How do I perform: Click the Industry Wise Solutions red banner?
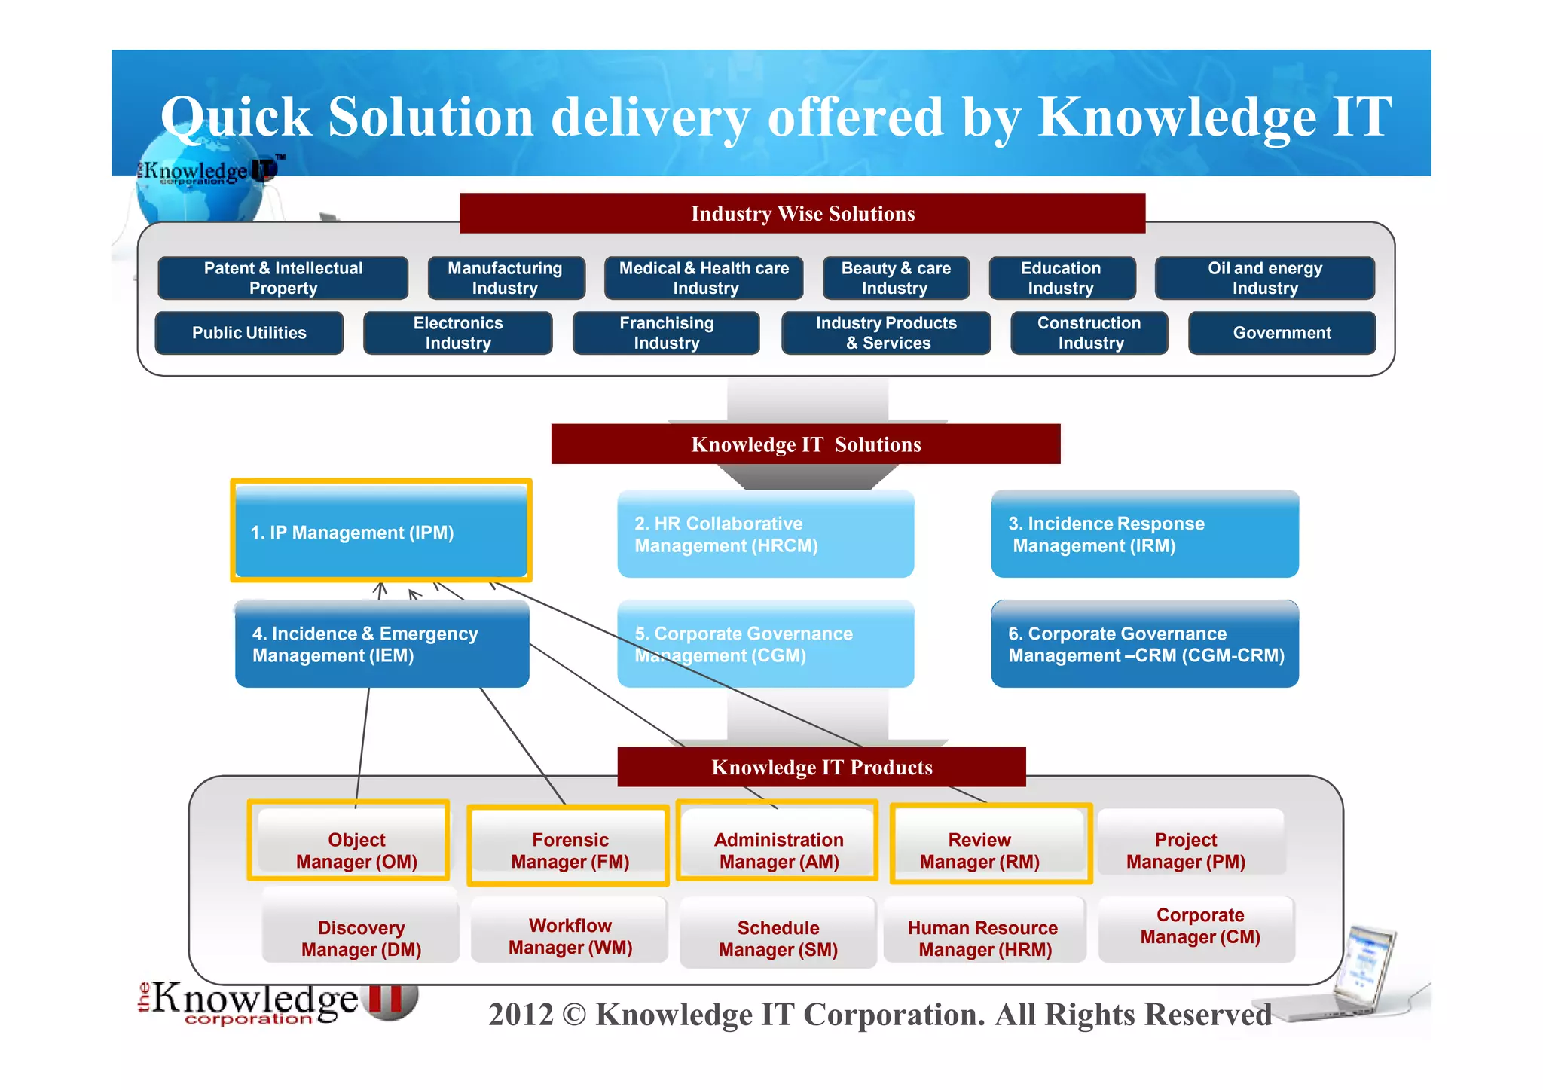802,214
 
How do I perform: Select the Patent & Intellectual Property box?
283,278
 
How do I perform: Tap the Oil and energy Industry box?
1264,278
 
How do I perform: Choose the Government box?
1282,333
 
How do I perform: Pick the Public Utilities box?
249,333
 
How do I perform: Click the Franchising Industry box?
666,333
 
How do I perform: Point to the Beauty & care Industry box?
896,278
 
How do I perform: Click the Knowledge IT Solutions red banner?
805,444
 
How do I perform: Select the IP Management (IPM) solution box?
381,531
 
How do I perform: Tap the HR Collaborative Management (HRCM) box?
765,534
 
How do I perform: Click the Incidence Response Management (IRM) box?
1144,534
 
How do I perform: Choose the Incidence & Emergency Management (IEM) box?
382,644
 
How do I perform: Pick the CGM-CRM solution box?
1144,644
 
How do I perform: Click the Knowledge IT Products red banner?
821,767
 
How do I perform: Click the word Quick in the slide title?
236,118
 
